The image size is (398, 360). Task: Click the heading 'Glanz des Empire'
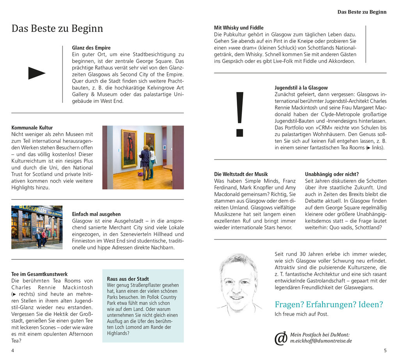(x=91, y=48)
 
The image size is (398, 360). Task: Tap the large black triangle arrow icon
(x=37, y=73)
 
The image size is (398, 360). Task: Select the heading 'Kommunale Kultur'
(x=32, y=128)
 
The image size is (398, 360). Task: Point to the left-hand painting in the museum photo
(x=129, y=148)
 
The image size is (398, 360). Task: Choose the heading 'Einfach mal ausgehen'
(x=96, y=214)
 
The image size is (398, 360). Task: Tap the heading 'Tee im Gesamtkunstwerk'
(x=39, y=274)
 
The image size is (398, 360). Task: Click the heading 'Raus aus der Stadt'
(x=128, y=279)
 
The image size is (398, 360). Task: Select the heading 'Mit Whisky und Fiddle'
(x=239, y=28)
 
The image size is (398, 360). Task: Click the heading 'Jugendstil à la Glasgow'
(x=301, y=88)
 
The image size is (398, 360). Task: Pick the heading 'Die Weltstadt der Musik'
(x=241, y=174)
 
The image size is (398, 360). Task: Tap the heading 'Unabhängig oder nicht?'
(x=332, y=174)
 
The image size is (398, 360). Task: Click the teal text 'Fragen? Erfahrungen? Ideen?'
(x=329, y=305)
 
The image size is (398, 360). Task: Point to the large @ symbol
(x=281, y=339)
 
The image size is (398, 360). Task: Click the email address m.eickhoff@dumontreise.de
(x=321, y=341)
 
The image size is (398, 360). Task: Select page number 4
(x=13, y=350)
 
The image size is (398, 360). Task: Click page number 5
(x=385, y=350)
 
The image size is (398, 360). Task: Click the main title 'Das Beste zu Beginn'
(x=57, y=28)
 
